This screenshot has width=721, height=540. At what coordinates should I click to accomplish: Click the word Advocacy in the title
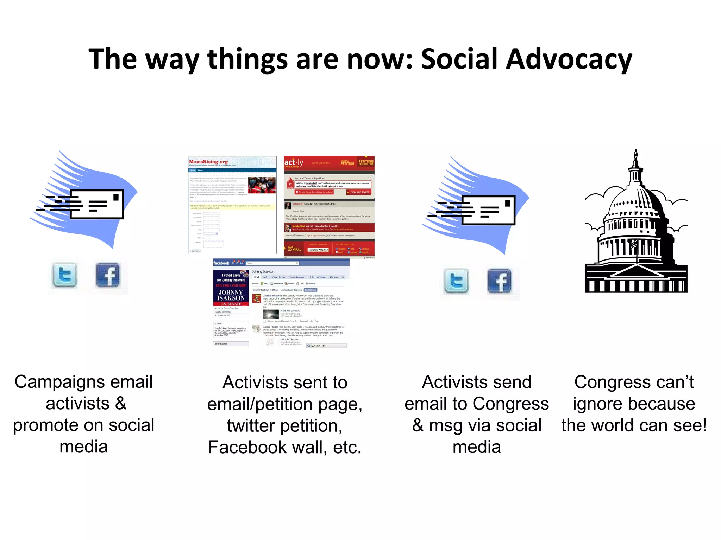pos(569,59)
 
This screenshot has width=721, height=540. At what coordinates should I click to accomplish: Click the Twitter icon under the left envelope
pos(64,275)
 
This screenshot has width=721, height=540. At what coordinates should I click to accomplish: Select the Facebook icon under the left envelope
pos(108,275)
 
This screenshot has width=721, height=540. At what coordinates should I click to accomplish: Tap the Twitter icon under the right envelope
pos(456,281)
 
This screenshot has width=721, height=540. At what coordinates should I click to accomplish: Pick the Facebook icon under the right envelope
pos(499,281)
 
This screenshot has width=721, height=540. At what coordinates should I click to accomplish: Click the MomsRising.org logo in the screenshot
pos(208,162)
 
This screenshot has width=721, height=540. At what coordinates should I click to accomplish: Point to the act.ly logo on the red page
pos(294,162)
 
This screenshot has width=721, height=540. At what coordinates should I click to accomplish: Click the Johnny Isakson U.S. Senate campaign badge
pos(231,288)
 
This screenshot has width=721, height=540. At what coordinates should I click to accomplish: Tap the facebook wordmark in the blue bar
pos(221,263)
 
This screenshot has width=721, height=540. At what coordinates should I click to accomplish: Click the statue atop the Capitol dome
pos(635,157)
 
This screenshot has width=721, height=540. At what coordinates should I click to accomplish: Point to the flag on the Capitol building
pos(634,244)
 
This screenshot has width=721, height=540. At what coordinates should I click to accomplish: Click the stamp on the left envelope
pos(116,197)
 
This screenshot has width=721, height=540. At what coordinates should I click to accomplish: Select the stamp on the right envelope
pos(507,203)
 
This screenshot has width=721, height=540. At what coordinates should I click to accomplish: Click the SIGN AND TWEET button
pos(359,192)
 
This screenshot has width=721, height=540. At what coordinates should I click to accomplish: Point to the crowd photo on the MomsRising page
pos(262,185)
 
